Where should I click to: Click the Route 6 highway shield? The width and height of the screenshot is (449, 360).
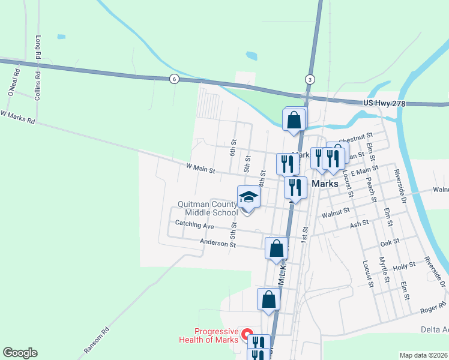coord(174,79)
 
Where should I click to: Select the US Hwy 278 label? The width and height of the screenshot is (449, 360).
coord(384,104)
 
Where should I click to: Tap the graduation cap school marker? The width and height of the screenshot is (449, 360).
coord(249,197)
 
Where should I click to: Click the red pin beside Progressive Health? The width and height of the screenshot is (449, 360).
coord(247,332)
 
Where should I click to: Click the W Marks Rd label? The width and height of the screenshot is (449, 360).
coord(18,116)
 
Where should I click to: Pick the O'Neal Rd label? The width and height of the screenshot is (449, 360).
coord(14,82)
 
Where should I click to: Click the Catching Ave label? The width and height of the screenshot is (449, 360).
coord(194,226)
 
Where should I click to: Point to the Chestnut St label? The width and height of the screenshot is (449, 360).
coord(356,137)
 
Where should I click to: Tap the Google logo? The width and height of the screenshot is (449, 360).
coord(20,353)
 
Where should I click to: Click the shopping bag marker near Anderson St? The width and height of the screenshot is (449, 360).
coord(276,248)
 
